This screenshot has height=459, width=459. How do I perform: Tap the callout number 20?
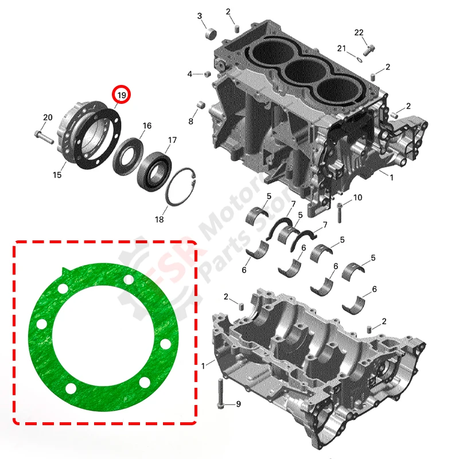pos(48,118)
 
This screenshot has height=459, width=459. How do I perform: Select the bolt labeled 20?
pos(44,137)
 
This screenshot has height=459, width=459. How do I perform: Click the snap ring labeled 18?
pos(183,186)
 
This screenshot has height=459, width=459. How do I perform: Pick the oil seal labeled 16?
pos(129,153)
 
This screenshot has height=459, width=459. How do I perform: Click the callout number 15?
pos(57,174)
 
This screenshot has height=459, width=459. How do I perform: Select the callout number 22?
pos(359,33)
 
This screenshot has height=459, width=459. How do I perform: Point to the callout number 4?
pos(190,74)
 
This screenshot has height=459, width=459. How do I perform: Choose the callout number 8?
pos(191,121)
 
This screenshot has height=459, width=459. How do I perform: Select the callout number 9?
pos(239,404)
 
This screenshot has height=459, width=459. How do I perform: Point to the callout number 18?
pos(159,220)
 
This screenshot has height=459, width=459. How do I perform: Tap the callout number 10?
pos(357,198)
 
